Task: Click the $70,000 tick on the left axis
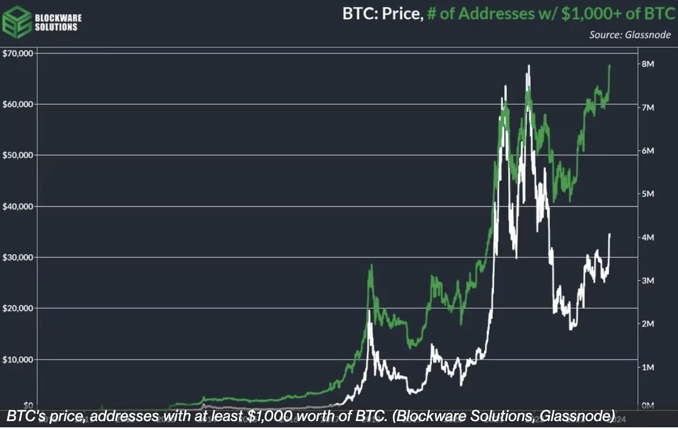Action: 19,53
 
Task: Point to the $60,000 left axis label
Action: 19,104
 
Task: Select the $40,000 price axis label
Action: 19,207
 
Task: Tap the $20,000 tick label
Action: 19,309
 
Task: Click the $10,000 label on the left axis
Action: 19,360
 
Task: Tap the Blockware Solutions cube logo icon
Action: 17,22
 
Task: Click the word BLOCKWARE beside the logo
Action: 58,18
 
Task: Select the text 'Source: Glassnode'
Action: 630,35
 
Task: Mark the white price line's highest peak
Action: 529,66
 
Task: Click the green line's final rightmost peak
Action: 610,65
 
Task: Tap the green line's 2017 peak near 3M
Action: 372,265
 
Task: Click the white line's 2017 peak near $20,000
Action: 370,311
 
